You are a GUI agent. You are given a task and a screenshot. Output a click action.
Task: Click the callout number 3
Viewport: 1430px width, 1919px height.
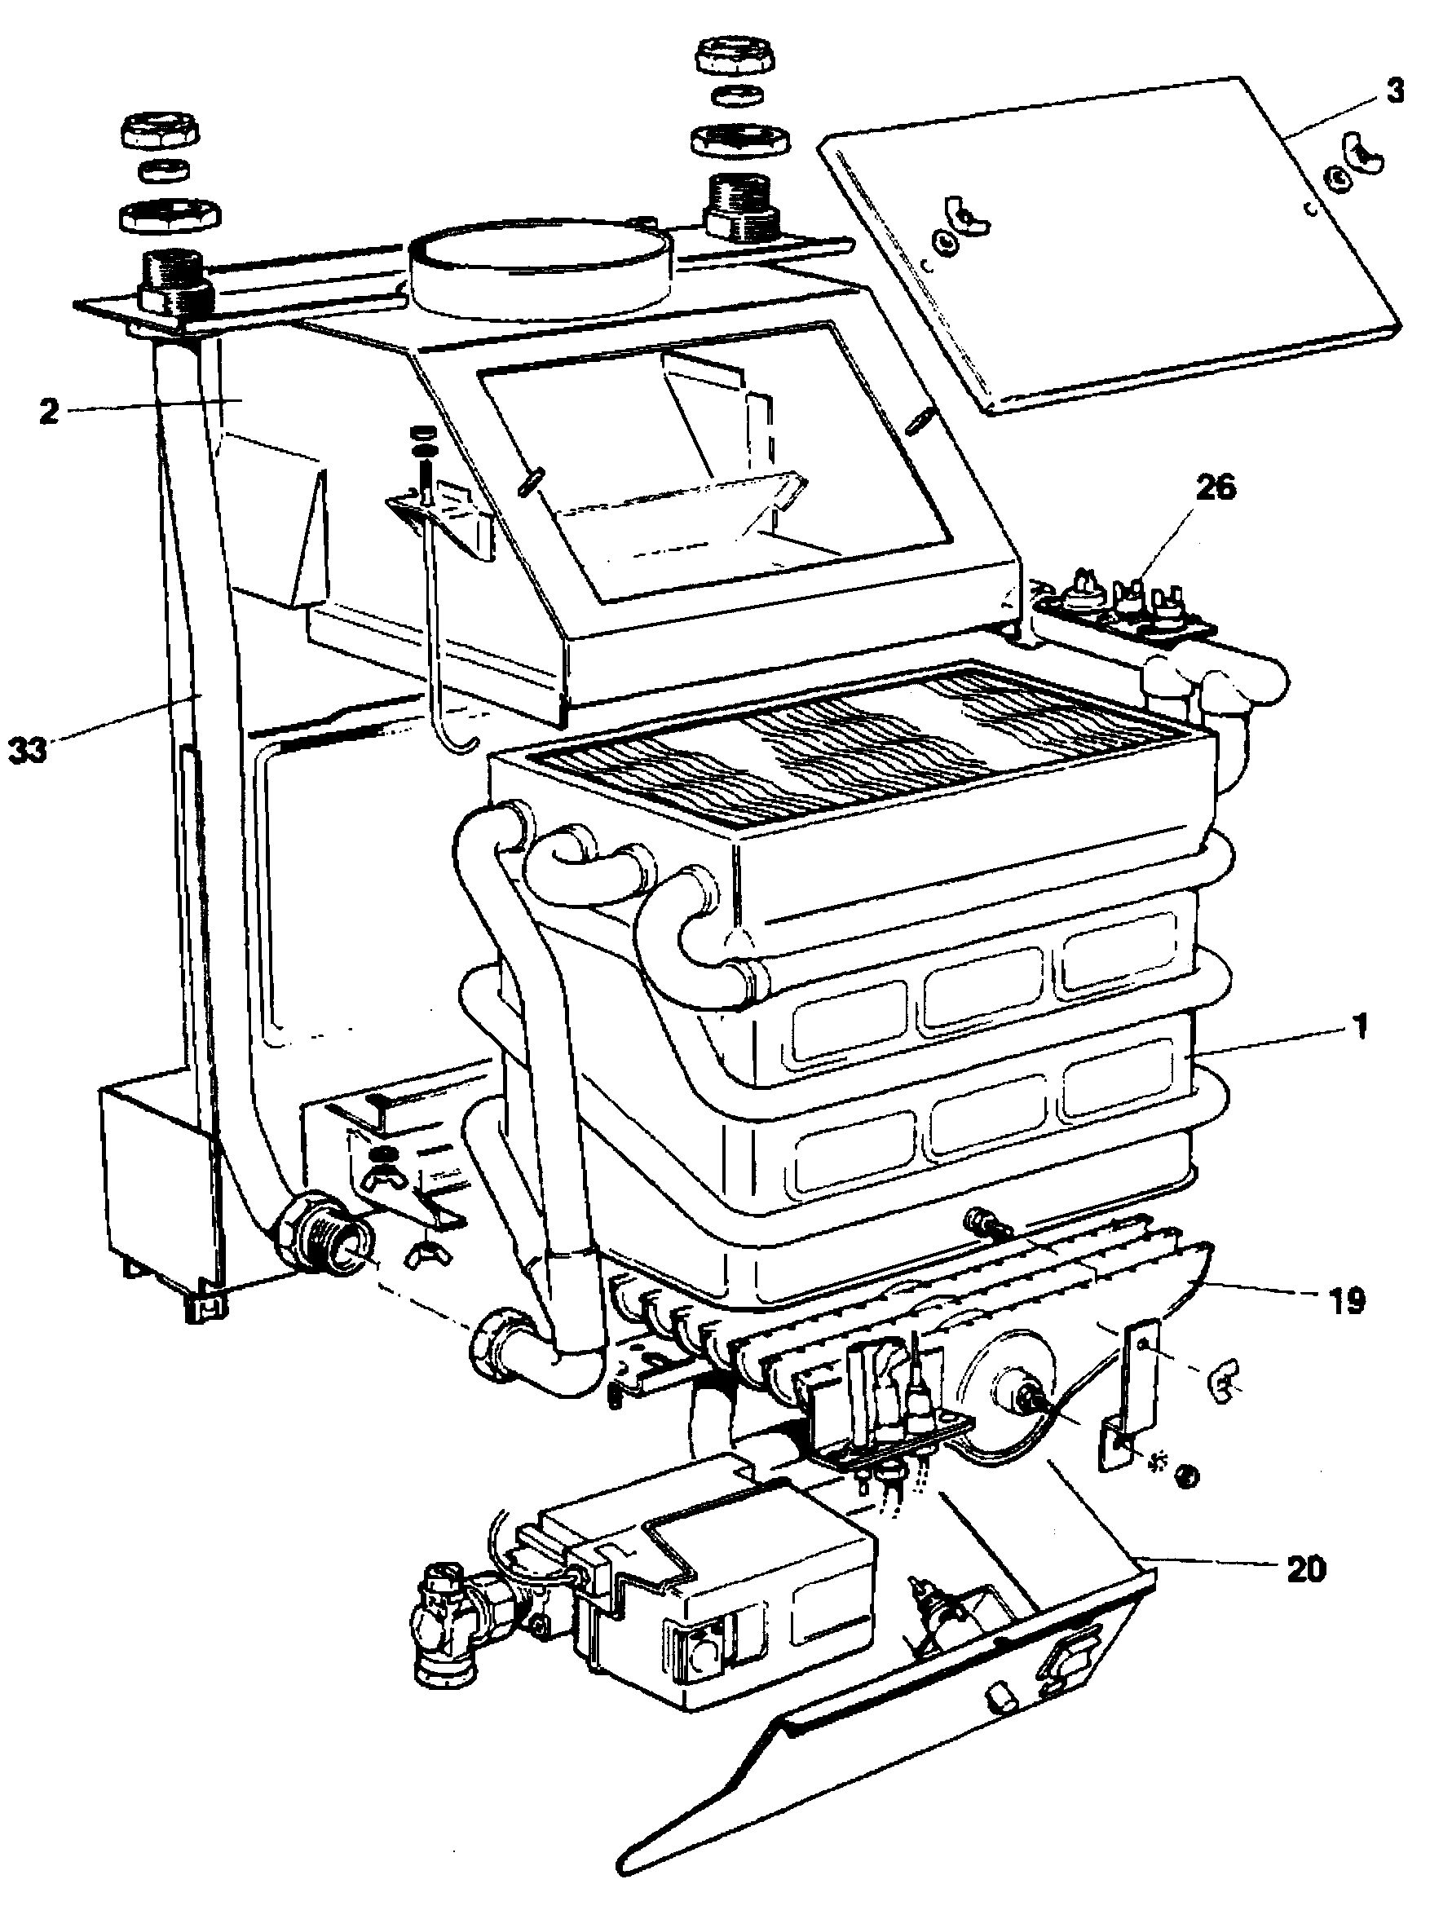(1393, 90)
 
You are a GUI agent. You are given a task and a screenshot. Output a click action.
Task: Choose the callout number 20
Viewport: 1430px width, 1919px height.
(1305, 1568)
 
